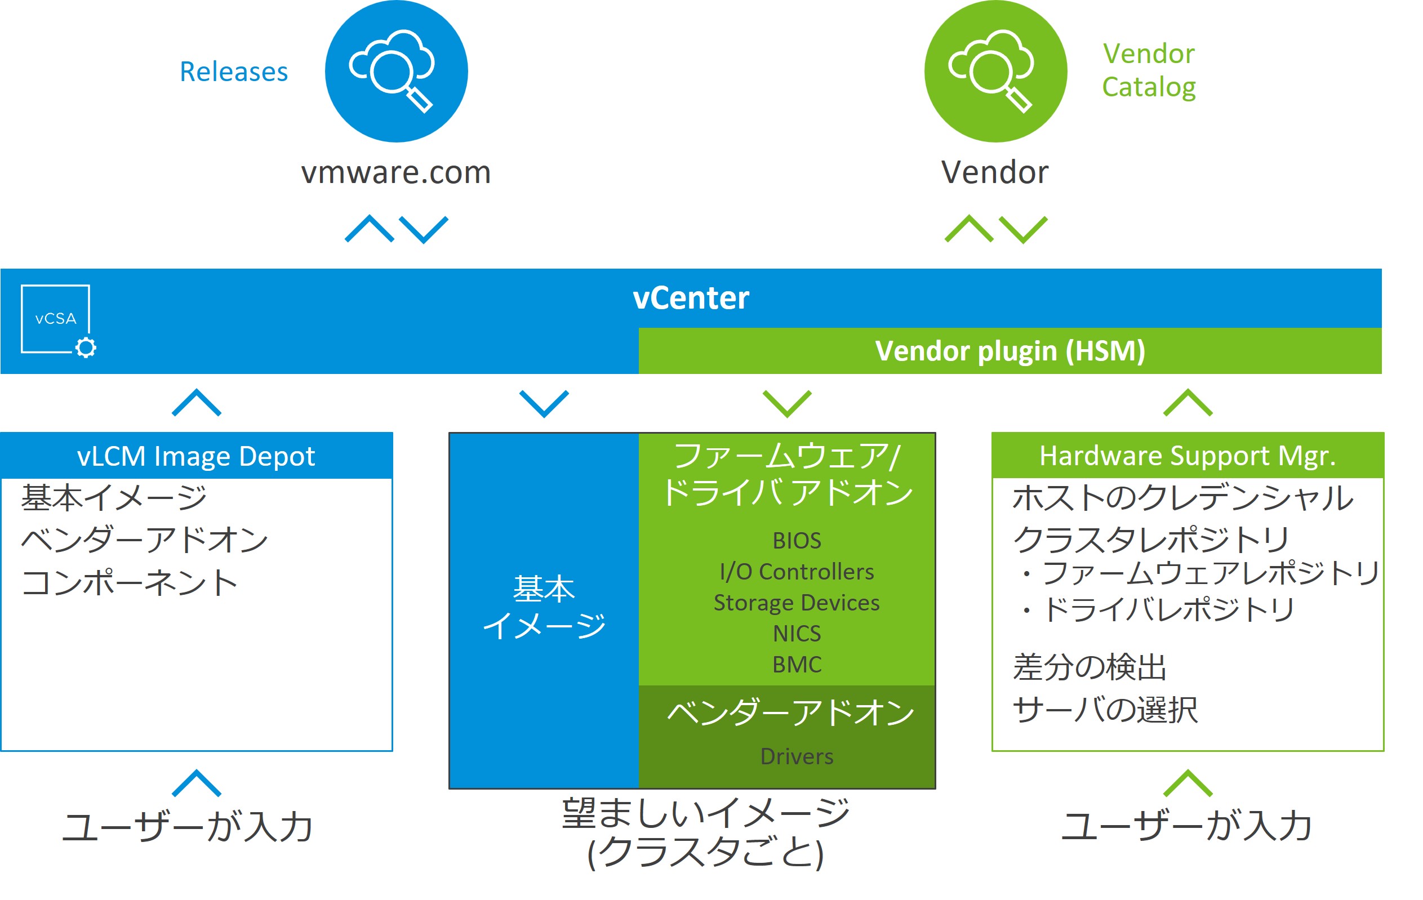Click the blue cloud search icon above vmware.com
pyautogui.click(x=396, y=71)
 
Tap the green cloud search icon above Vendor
pyautogui.click(x=995, y=71)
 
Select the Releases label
pyautogui.click(x=233, y=72)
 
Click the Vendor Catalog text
pyautogui.click(x=1148, y=70)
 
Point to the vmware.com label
pyautogui.click(x=396, y=172)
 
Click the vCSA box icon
pyautogui.click(x=56, y=320)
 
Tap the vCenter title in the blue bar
pyautogui.click(x=690, y=298)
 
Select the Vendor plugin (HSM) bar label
pyautogui.click(x=1010, y=351)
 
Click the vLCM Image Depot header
pyautogui.click(x=196, y=456)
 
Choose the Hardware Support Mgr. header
pyautogui.click(x=1187, y=456)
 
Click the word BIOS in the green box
pyautogui.click(x=797, y=541)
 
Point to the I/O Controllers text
pyautogui.click(x=797, y=572)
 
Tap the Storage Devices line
pyautogui.click(x=797, y=603)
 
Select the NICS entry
pyautogui.click(x=797, y=634)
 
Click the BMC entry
pyautogui.click(x=797, y=665)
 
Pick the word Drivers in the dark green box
pyautogui.click(x=797, y=756)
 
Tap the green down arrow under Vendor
pyautogui.click(x=1023, y=229)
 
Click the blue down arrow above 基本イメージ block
pyautogui.click(x=544, y=404)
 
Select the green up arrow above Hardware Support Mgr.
pyautogui.click(x=1187, y=403)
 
